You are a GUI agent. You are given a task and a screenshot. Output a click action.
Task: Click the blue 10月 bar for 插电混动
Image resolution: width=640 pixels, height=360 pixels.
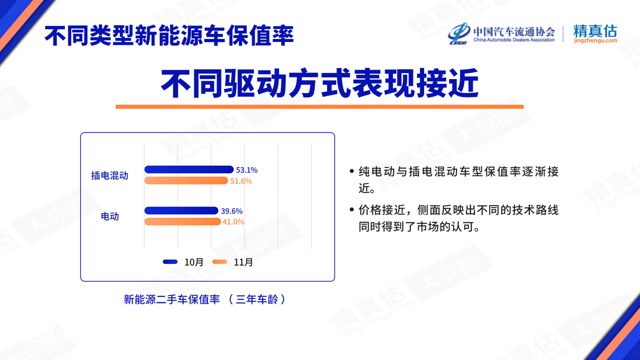click(x=189, y=169)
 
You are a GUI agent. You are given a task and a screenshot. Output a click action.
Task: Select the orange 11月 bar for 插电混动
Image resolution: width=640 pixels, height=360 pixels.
click(x=186, y=180)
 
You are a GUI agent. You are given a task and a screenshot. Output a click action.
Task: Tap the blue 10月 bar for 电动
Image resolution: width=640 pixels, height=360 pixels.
click(x=181, y=210)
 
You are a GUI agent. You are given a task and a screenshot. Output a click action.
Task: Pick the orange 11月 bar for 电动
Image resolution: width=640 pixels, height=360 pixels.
click(x=182, y=221)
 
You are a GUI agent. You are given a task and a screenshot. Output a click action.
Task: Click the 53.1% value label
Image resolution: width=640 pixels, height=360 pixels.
click(x=247, y=170)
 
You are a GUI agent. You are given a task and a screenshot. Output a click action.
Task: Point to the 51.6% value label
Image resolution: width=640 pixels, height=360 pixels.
click(x=241, y=181)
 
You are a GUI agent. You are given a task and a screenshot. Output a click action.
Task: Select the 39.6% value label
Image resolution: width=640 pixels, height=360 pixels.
click(x=231, y=211)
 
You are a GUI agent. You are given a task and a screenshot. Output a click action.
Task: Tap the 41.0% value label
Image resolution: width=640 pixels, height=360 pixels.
click(x=233, y=222)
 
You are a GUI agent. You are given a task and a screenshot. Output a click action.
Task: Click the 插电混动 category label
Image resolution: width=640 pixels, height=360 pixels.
click(x=109, y=175)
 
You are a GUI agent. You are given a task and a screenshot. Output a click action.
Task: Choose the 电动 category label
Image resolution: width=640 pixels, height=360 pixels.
click(x=109, y=216)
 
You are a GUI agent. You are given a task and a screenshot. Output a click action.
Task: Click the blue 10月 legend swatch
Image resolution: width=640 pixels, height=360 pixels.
click(x=170, y=261)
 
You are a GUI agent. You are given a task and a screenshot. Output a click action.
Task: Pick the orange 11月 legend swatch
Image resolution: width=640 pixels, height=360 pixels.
click(x=219, y=261)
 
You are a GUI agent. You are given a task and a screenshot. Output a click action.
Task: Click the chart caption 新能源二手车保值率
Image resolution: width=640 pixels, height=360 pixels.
click(x=171, y=299)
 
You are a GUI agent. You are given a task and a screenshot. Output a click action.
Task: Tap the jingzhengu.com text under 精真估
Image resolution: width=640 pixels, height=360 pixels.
click(x=595, y=40)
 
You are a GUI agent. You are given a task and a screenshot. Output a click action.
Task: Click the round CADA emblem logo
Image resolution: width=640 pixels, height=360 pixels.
click(x=459, y=33)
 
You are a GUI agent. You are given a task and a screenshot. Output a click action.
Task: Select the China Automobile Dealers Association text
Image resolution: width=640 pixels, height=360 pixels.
click(x=514, y=40)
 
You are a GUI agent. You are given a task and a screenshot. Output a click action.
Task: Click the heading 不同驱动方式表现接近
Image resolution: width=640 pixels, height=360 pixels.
click(x=319, y=83)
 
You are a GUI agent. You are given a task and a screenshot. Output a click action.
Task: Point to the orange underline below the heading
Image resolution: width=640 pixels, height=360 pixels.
click(x=319, y=106)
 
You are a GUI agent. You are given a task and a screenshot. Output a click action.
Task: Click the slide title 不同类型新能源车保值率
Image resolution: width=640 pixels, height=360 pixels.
click(x=169, y=35)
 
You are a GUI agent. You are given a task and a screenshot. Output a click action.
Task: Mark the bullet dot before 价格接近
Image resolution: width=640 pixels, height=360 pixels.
click(x=351, y=209)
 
